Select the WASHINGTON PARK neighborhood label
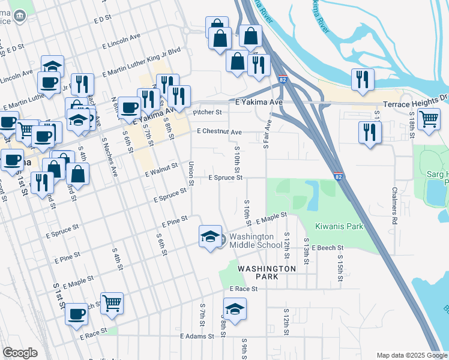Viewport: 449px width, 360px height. coord(267,272)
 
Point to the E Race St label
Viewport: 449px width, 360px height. coord(244,289)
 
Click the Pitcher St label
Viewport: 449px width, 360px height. coord(207,112)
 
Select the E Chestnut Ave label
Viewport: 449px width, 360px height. coord(219,132)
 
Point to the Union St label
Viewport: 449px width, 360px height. coord(191,172)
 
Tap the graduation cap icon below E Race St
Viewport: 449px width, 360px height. coord(235,310)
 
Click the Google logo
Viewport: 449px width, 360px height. coord(20,353)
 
